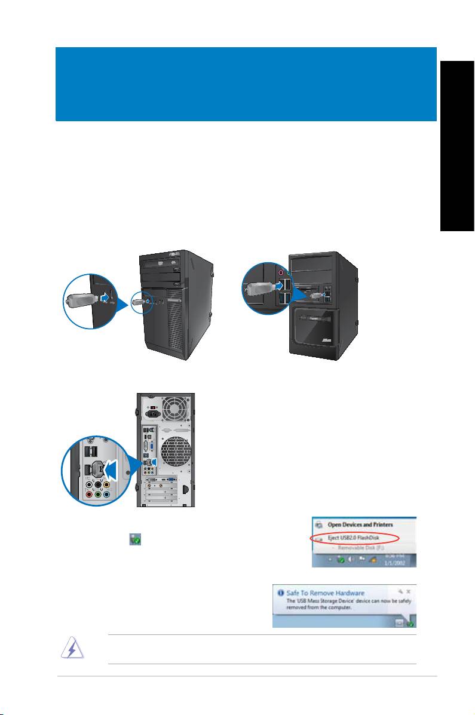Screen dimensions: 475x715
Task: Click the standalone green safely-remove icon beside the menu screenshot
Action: click(x=135, y=539)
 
